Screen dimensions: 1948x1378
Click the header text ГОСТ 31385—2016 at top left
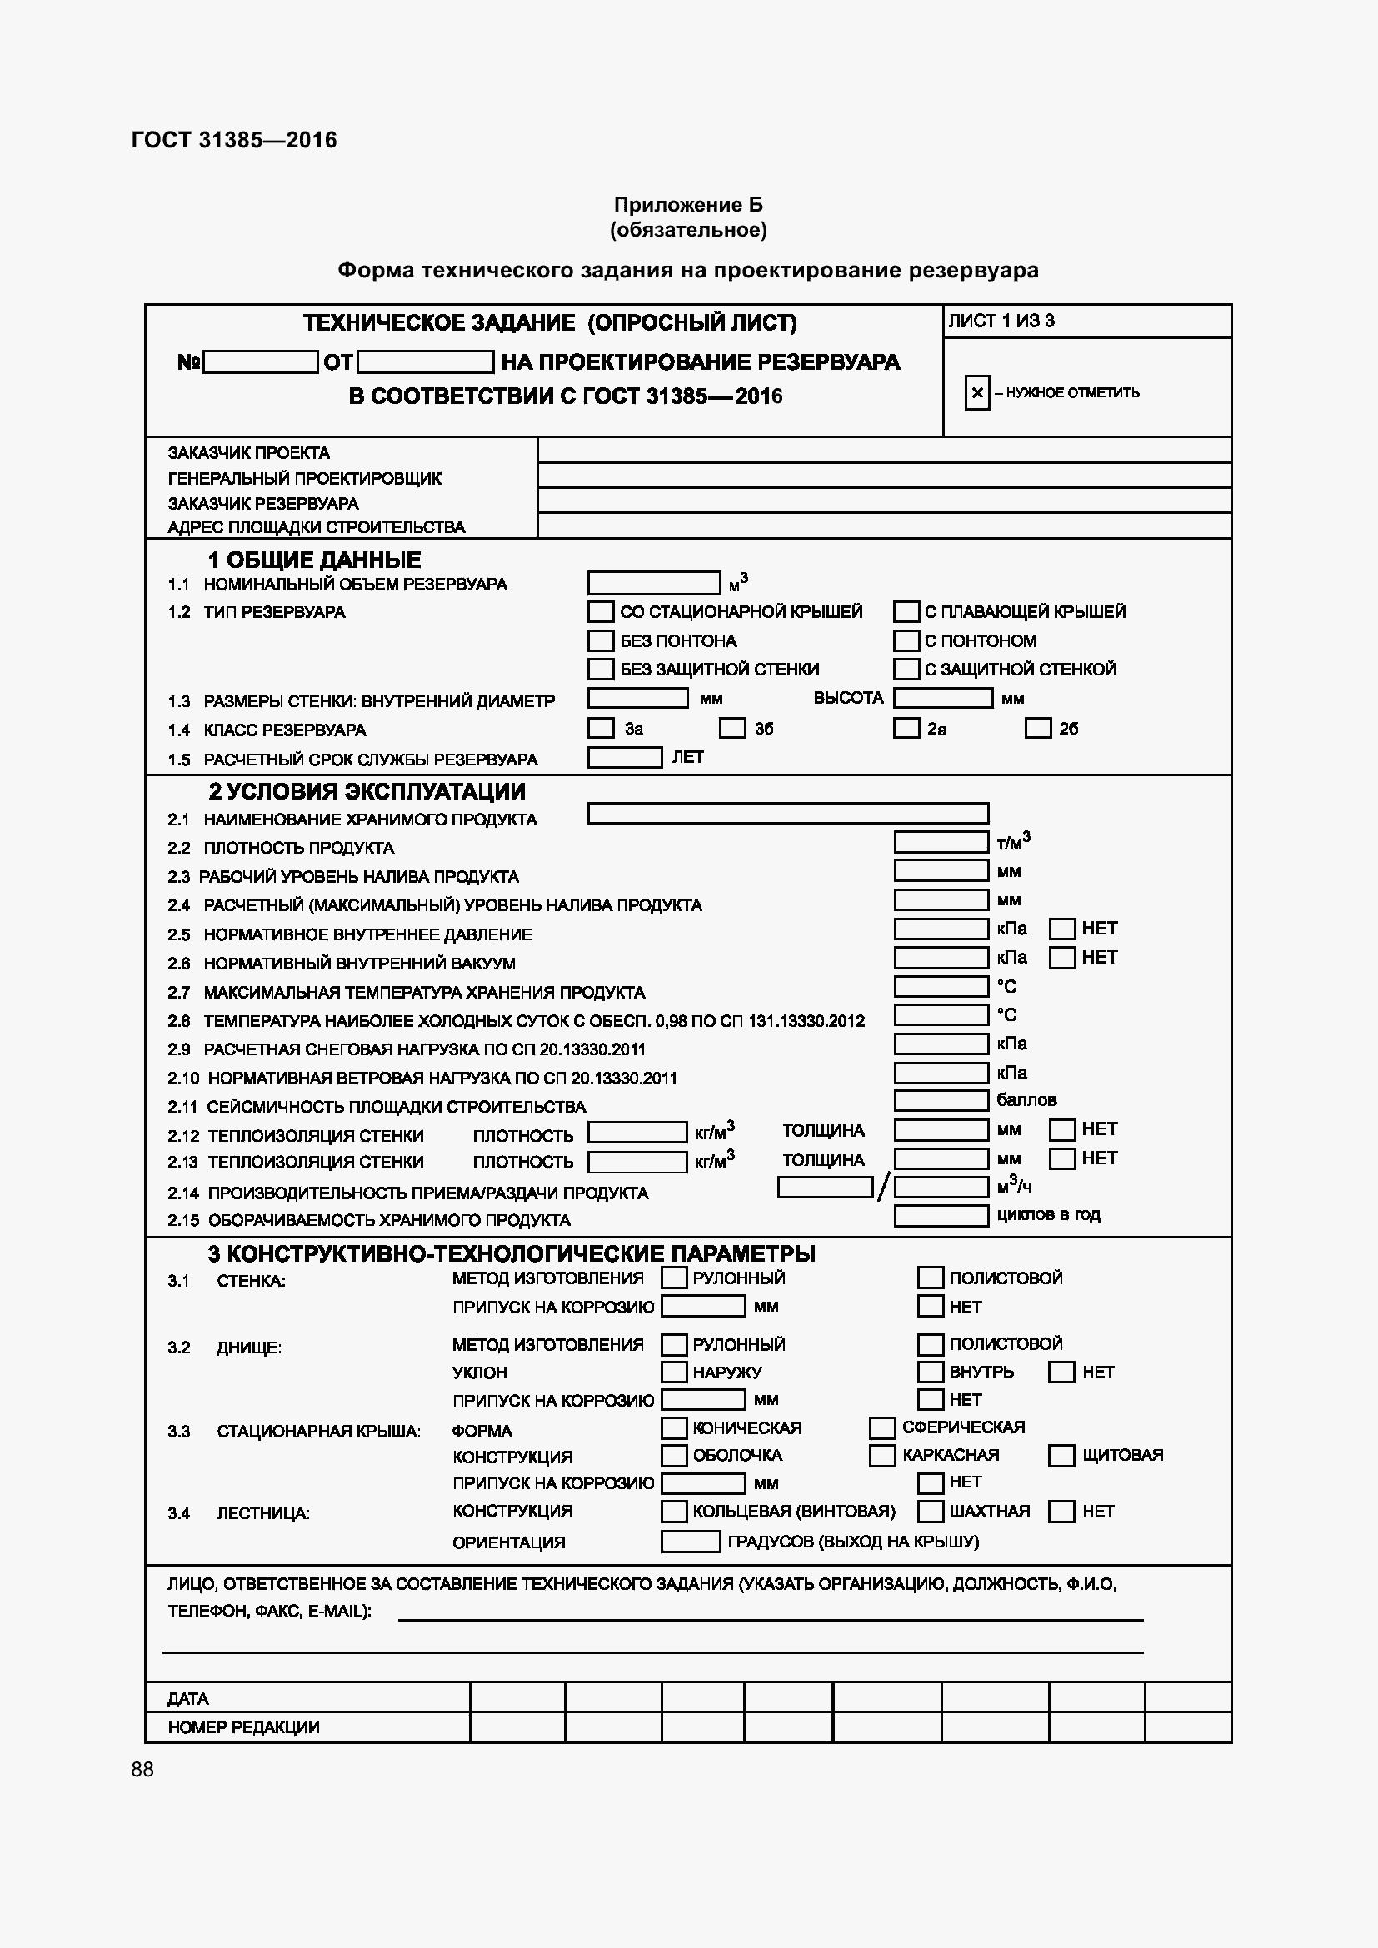point(234,140)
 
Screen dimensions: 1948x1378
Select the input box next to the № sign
point(261,362)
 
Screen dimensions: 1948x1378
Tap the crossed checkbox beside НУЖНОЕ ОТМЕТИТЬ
point(976,393)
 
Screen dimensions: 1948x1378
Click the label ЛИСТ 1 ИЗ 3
point(1001,321)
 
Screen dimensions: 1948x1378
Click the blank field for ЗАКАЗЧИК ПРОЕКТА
point(882,451)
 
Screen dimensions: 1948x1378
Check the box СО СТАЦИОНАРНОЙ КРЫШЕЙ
point(601,612)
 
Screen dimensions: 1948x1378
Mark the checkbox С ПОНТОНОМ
point(906,640)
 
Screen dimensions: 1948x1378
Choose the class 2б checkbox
point(1038,728)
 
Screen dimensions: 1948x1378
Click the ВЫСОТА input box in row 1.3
point(943,698)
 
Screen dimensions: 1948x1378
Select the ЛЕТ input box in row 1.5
point(625,757)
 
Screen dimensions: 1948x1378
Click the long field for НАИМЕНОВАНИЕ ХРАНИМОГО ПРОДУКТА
point(787,814)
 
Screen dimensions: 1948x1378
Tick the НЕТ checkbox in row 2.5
point(1062,929)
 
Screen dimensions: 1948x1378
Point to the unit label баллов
point(1026,1100)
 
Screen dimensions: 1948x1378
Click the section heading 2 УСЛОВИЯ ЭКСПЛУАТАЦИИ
point(367,791)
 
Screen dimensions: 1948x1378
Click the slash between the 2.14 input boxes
point(883,1187)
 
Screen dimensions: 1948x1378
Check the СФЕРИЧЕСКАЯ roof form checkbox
point(882,1428)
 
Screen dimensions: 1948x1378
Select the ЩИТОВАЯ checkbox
point(1061,1456)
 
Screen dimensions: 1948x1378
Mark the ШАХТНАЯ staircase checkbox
point(931,1511)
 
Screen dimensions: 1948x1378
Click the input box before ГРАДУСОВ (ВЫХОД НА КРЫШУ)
point(690,1542)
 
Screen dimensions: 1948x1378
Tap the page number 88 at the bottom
point(142,1769)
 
